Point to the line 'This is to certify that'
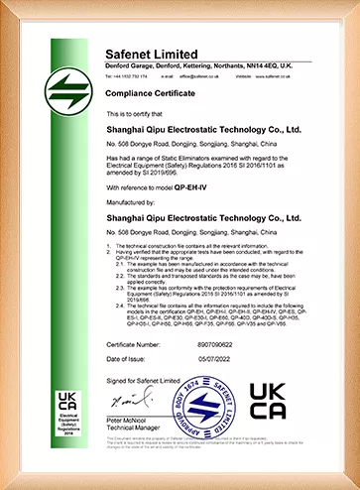139,114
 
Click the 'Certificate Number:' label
136,339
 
